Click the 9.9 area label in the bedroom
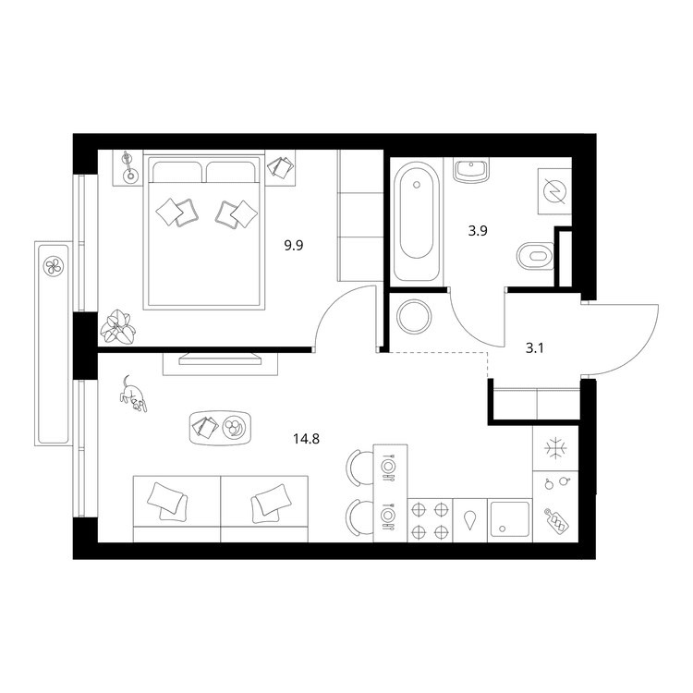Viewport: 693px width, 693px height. [294, 245]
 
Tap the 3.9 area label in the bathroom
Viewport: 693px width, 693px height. [478, 231]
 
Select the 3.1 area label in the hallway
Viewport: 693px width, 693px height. [534, 348]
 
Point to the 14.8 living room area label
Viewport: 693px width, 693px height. [306, 439]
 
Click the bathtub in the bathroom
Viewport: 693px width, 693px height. [417, 222]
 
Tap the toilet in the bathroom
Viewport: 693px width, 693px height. [535, 255]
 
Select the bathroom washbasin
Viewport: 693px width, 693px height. [471, 169]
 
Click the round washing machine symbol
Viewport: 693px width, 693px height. [414, 317]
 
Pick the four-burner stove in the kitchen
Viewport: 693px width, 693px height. [430, 520]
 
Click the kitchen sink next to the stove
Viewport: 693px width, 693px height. [510, 520]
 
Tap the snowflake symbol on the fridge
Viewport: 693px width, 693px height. [555, 449]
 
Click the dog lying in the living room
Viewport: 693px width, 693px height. [132, 394]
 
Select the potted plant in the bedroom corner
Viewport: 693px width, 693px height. [117, 327]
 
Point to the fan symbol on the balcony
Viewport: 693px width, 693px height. [54, 266]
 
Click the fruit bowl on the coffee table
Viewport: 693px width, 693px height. [234, 428]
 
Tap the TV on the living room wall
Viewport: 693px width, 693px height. [220, 359]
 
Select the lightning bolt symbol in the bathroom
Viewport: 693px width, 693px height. [554, 191]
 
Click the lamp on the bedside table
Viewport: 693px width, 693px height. [128, 167]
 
